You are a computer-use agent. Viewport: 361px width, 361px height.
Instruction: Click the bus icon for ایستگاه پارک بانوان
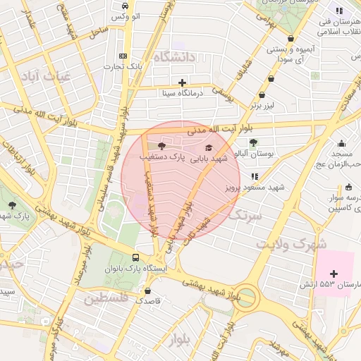(135, 258)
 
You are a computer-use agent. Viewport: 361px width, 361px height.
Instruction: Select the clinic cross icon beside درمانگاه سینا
(183, 82)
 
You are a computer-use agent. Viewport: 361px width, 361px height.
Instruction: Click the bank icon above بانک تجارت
(123, 56)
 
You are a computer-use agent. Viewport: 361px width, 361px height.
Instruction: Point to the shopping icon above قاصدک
(147, 290)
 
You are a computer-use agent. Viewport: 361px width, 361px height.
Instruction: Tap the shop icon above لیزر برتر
(262, 94)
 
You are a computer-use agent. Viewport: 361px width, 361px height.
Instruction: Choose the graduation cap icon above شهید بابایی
(208, 147)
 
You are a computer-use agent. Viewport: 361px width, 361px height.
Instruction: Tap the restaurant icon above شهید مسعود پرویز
(255, 176)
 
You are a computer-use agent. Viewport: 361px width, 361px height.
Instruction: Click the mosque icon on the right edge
(342, 143)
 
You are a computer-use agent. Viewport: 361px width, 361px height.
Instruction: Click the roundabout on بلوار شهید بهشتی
(246, 296)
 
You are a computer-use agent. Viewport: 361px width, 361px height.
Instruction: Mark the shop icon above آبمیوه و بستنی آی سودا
(290, 39)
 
